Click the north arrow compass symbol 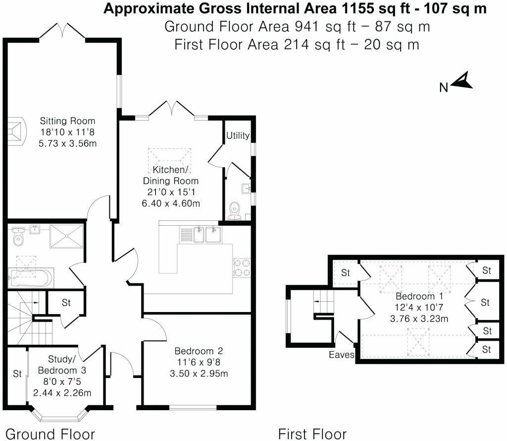tap(462, 81)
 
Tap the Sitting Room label tap(67, 121)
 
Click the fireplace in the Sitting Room tap(16, 132)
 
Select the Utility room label tap(238, 135)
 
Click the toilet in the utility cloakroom tap(235, 210)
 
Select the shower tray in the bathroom tap(66, 236)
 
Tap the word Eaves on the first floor tap(342, 355)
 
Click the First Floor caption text tap(312, 433)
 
